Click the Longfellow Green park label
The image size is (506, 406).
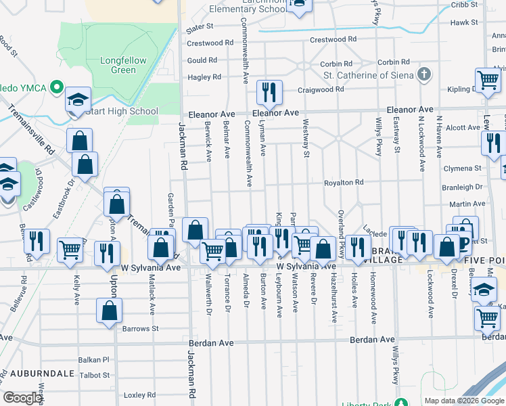point(123,65)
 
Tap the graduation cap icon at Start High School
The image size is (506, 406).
point(78,100)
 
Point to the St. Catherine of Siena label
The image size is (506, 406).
point(368,75)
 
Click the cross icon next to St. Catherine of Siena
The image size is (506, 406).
point(424,74)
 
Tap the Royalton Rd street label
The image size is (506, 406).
point(344,183)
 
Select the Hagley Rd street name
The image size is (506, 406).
point(204,77)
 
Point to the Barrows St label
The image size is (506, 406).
point(141,329)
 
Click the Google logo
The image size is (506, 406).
point(22,398)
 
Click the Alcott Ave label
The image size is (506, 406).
point(463,127)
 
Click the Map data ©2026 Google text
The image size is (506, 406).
point(463,401)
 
